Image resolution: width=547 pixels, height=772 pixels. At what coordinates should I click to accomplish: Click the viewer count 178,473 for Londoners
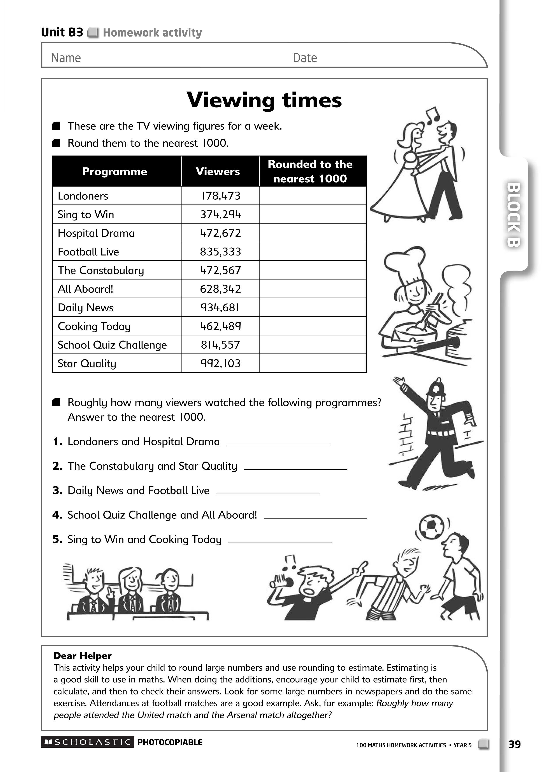221,196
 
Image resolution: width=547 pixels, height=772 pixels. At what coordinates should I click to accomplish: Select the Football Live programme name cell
88,252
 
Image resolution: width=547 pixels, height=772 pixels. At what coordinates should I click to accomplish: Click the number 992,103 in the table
221,363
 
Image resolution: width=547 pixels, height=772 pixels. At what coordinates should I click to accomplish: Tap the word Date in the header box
305,58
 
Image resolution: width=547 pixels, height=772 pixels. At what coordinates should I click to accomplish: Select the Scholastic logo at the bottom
88,742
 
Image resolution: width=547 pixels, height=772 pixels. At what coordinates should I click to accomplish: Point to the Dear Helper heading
83,656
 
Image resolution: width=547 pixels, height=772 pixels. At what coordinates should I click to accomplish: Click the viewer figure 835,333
221,252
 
